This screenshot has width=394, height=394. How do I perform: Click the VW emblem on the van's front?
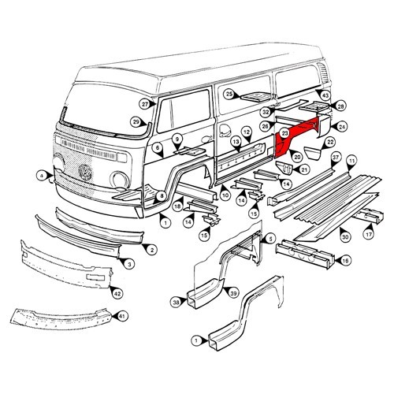click(85, 172)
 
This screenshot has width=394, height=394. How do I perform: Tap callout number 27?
click(145, 104)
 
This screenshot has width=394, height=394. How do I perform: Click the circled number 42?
click(117, 293)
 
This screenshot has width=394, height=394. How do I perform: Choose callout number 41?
click(121, 317)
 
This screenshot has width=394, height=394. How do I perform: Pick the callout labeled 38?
click(177, 302)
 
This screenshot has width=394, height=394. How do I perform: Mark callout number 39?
click(233, 293)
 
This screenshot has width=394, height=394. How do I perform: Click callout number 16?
click(345, 261)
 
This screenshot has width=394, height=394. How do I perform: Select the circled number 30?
click(345, 236)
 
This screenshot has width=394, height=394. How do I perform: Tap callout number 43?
click(325, 96)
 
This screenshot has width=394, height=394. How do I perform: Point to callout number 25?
click(230, 95)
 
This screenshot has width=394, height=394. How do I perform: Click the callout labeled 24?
click(342, 127)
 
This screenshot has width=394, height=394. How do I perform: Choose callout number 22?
click(330, 142)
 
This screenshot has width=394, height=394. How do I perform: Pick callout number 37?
click(336, 158)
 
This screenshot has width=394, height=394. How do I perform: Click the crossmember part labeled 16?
click(305, 254)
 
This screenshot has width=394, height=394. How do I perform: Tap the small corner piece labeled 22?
click(313, 154)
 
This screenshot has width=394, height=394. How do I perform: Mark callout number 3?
click(129, 264)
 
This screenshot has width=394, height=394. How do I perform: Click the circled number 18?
click(178, 206)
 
